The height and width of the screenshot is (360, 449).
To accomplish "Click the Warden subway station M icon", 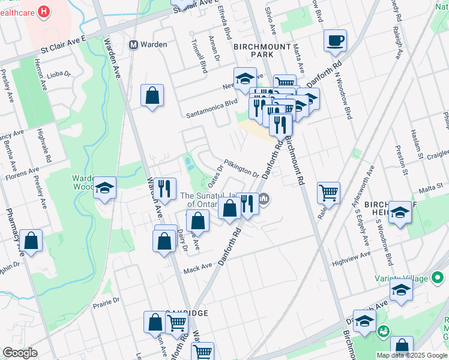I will click(134, 44).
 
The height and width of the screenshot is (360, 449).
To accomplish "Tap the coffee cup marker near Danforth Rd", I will click(335, 41).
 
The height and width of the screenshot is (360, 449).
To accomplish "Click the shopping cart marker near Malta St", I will click(328, 193).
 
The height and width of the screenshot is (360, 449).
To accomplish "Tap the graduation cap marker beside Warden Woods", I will click(105, 189).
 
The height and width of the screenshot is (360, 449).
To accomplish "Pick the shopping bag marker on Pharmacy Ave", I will click(32, 241).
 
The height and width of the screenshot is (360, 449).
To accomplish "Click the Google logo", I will click(20, 353).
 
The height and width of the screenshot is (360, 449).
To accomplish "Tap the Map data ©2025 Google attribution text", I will click(411, 355).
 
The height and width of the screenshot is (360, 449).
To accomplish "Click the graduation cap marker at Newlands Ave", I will click(245, 78).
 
